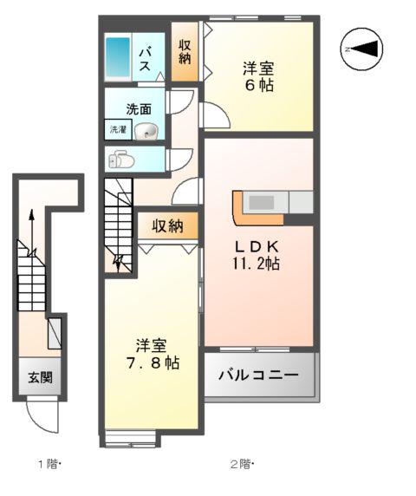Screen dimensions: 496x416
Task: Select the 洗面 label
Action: point(139,109)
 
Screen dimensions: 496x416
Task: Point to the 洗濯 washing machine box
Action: point(117,130)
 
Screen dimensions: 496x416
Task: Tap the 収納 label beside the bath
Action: point(185,52)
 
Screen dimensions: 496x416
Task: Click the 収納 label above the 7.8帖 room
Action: point(168,226)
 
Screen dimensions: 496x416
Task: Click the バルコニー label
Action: point(257,376)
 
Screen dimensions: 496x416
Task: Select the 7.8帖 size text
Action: point(151,362)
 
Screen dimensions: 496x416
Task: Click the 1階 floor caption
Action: point(48,465)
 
